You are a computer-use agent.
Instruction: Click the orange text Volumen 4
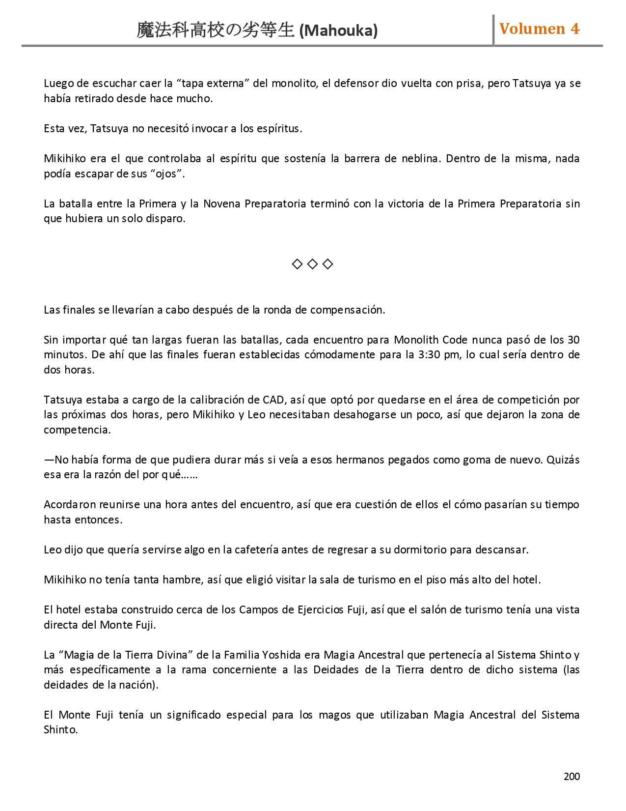click(x=539, y=29)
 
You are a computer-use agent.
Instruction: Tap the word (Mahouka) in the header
click(x=338, y=30)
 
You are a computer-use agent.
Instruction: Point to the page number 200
click(x=572, y=776)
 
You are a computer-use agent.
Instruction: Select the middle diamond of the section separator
click(x=312, y=264)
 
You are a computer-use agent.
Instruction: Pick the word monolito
click(x=294, y=84)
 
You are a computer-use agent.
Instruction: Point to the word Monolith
click(x=416, y=340)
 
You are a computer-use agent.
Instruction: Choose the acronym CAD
click(x=273, y=400)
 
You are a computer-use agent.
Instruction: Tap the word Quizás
click(x=563, y=460)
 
